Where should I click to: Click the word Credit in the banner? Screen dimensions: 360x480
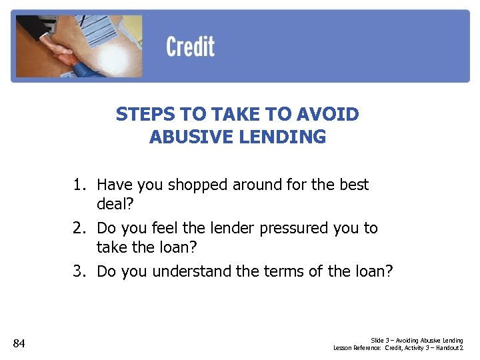(190, 47)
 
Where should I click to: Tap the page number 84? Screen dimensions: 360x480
(19, 343)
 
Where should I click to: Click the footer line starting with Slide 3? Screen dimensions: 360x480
(417, 341)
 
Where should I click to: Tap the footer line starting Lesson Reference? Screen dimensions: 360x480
(398, 348)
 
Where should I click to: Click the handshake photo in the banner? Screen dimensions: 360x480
(77, 46)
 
